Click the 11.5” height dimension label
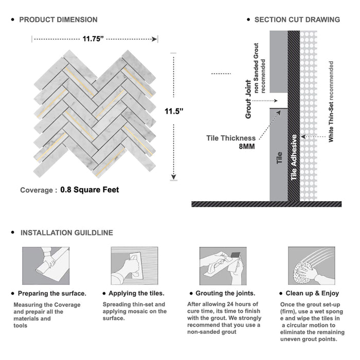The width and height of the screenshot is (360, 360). (175, 111)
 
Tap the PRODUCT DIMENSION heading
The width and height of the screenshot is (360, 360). (58, 20)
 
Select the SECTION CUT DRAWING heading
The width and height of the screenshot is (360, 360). (297, 20)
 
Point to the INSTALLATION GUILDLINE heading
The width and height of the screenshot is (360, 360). (66, 232)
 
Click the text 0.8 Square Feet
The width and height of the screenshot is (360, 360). (89, 190)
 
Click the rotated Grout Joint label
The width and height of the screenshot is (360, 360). (248, 99)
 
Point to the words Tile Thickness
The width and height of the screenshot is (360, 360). (231, 138)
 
